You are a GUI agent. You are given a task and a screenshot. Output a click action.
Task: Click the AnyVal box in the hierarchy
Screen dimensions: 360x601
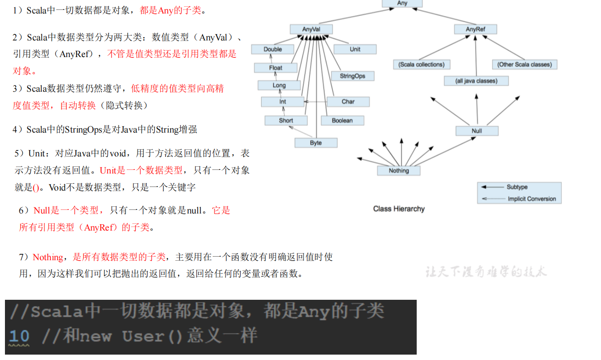(311, 29)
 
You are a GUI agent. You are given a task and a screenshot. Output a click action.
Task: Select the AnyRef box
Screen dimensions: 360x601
(475, 29)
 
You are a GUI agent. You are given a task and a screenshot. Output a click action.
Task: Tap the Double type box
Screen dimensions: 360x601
(273, 49)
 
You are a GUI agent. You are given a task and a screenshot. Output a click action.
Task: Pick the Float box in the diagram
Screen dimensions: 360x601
(276, 68)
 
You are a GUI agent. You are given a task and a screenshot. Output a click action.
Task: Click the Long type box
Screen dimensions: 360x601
(279, 85)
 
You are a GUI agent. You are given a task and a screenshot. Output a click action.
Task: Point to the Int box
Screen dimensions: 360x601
(282, 102)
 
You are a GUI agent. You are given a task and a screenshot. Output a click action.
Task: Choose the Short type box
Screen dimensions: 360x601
(286, 120)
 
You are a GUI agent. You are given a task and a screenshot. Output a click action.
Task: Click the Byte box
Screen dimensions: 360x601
(316, 143)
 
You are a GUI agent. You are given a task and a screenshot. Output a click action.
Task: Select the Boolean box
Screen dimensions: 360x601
(342, 120)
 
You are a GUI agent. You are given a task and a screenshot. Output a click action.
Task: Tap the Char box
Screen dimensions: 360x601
(348, 102)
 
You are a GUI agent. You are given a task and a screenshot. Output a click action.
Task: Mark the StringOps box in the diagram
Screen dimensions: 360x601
(352, 76)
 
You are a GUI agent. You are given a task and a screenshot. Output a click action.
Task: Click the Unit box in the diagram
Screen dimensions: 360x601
(355, 49)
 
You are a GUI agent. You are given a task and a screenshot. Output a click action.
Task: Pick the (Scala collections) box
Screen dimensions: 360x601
(421, 64)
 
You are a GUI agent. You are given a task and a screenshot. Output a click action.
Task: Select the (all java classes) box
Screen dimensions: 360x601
(476, 81)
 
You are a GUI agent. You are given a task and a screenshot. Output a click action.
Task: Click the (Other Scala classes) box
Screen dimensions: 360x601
(524, 64)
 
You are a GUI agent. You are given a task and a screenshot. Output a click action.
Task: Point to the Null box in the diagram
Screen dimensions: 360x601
(477, 131)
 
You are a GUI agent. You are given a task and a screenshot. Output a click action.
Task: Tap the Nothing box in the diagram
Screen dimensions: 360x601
(399, 171)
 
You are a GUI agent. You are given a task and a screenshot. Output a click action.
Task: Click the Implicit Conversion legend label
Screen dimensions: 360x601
(532, 199)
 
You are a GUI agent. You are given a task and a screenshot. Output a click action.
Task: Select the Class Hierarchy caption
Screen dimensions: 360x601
(399, 209)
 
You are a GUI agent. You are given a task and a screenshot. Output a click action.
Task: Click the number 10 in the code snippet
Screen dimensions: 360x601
(19, 336)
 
